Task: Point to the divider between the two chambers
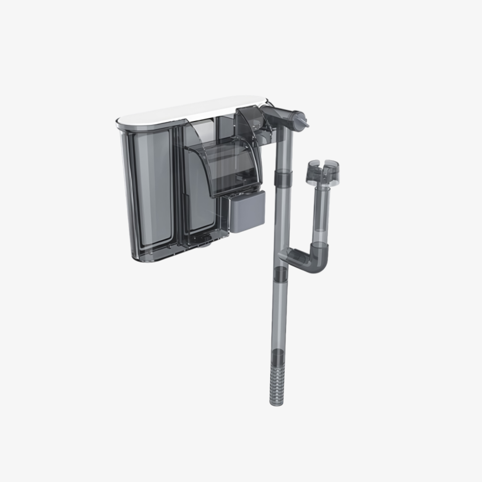click(x=178, y=186)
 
